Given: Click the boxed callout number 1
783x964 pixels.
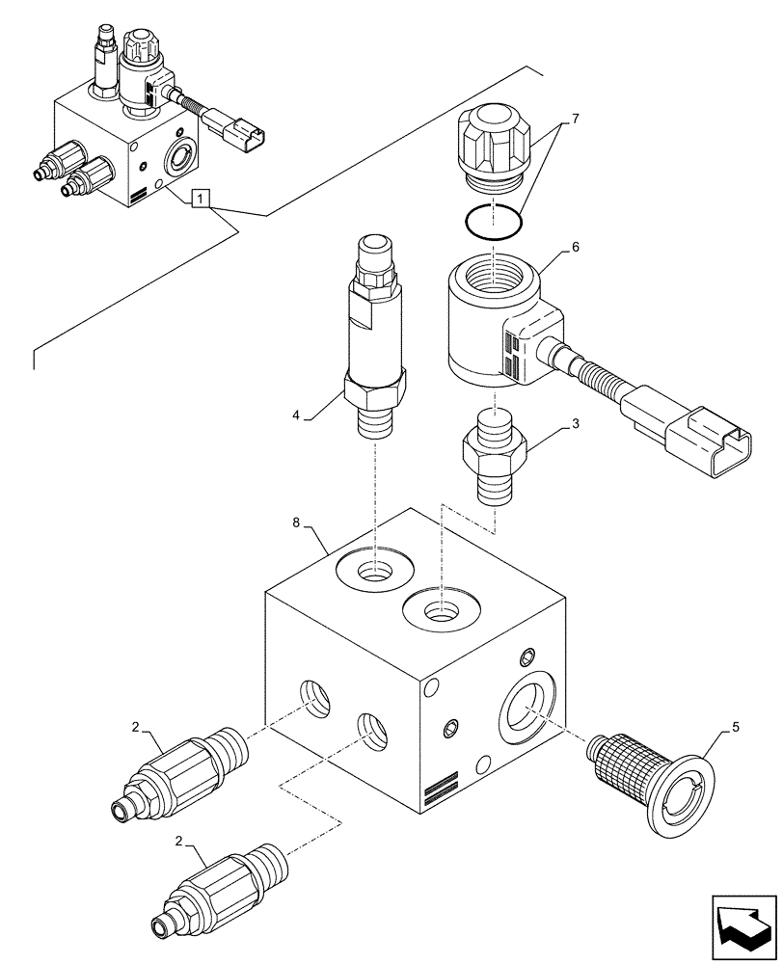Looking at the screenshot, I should click(x=200, y=200).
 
